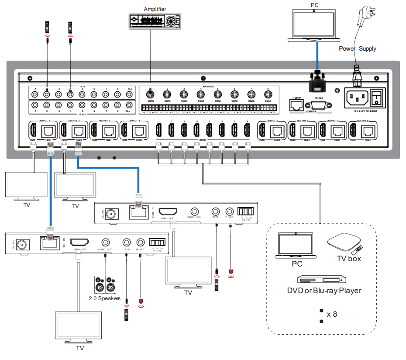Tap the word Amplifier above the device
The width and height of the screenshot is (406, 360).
pos(155,9)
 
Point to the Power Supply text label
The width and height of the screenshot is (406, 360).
pos(357,48)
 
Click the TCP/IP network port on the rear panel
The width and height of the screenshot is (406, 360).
pos(296,104)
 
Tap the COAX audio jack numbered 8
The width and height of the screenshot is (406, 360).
pos(268,93)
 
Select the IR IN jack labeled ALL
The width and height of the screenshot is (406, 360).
pos(129,93)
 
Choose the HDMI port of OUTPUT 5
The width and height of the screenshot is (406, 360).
pos(262,130)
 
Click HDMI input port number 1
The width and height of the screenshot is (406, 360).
pos(159,130)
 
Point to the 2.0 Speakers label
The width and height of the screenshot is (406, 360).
pos(105,299)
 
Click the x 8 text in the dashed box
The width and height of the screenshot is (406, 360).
pos(332,314)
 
